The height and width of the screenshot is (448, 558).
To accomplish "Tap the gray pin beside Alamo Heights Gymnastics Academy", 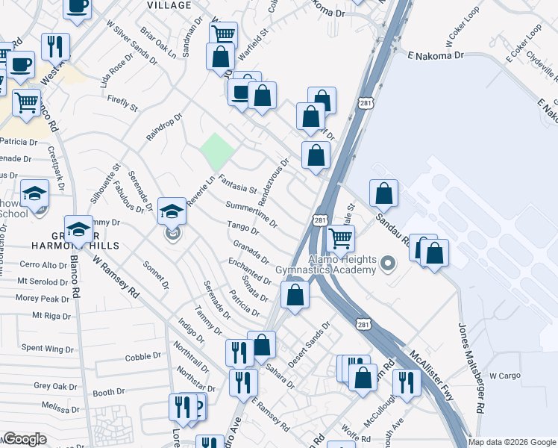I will (x=387, y=263).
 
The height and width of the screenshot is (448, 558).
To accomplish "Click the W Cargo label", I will (x=503, y=376).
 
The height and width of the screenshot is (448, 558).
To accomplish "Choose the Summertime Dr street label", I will (x=251, y=214).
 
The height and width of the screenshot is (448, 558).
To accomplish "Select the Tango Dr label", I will (x=242, y=231).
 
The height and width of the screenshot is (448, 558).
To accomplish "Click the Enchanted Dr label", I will (x=250, y=270).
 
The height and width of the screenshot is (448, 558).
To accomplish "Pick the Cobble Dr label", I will (x=138, y=357).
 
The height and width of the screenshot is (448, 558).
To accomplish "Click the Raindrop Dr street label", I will (x=164, y=127).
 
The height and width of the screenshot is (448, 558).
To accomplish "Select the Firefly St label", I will (x=123, y=103).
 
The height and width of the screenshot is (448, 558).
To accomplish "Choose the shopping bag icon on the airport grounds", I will (x=383, y=194).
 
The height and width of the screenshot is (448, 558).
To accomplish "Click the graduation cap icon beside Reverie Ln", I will (x=172, y=211).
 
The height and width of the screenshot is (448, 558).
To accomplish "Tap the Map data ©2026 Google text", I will (x=512, y=442).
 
